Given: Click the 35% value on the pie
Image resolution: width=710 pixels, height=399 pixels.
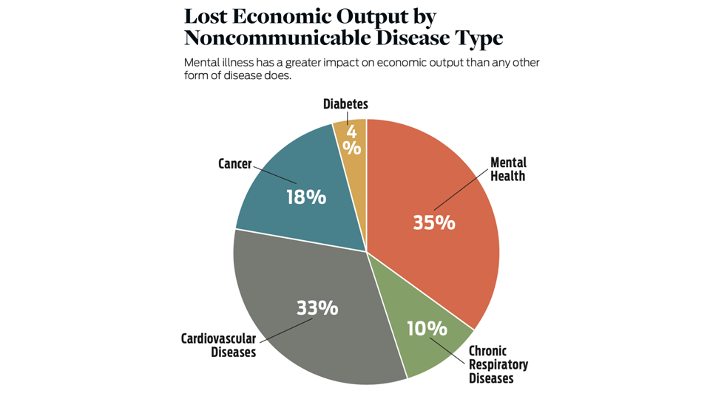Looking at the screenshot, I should [x=434, y=222].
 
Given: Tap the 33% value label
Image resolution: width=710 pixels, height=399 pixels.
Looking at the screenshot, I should [x=317, y=307].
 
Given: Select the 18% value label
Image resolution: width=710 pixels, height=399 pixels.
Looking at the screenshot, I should [x=306, y=197].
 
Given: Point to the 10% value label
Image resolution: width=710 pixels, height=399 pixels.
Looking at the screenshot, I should [x=427, y=328].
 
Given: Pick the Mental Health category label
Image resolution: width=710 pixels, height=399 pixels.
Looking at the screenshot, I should [x=508, y=169].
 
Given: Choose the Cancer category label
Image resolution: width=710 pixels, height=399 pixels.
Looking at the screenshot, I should [x=235, y=163].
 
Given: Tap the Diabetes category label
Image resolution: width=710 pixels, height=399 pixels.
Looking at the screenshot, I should [x=345, y=104].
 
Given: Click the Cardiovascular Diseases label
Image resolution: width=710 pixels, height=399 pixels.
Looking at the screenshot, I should [x=219, y=345].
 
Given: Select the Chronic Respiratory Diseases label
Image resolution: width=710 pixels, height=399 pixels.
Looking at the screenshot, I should [x=498, y=364].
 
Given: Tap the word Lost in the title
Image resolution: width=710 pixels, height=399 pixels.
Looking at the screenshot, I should [x=206, y=16].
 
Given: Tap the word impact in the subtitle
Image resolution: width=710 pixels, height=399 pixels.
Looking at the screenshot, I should [x=354, y=63].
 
